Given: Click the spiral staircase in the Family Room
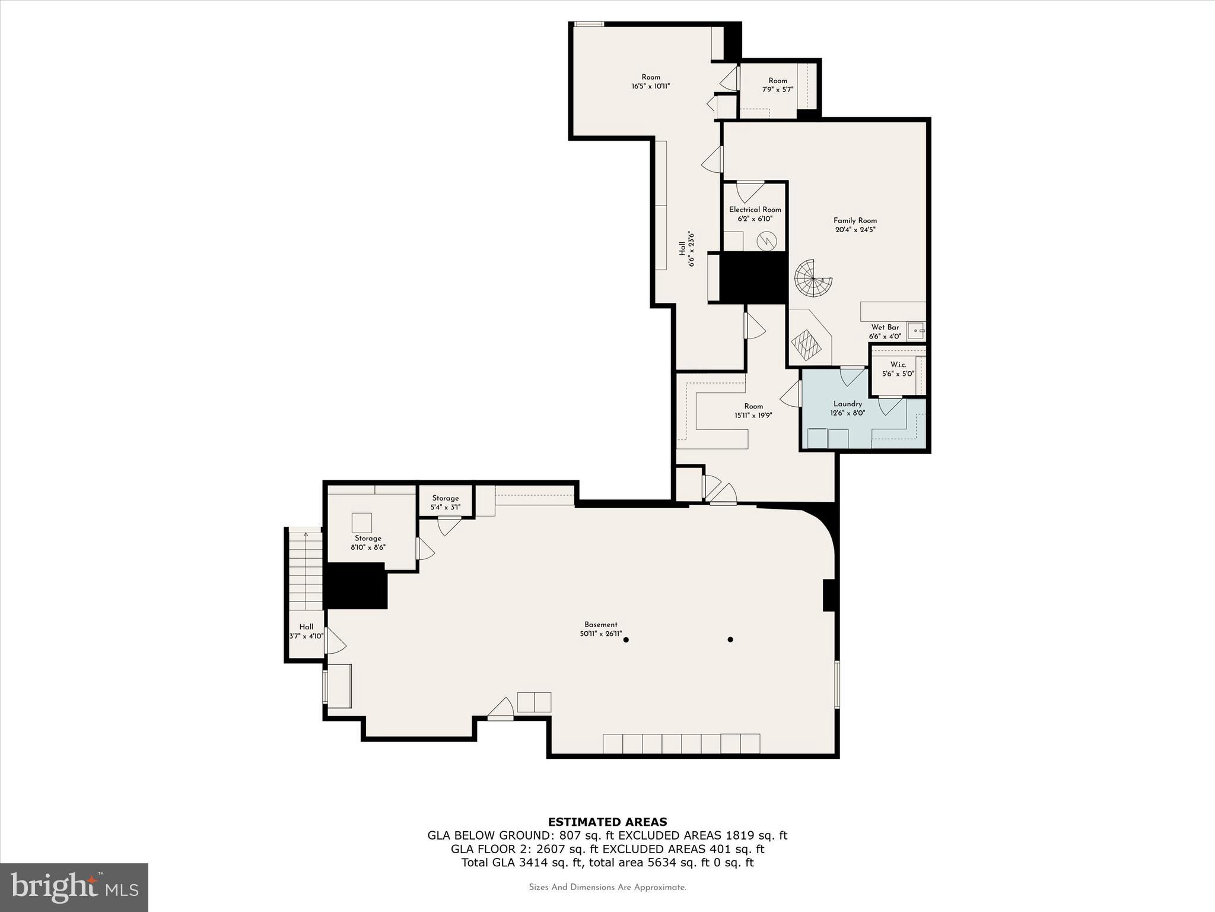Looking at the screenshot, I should click(x=813, y=278).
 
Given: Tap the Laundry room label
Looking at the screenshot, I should click(x=847, y=404).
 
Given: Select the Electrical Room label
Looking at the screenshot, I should click(x=755, y=210).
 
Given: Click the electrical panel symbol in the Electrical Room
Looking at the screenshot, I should click(x=766, y=240).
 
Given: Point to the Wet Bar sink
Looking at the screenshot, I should click(x=916, y=331).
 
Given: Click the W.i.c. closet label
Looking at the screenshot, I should click(x=898, y=365).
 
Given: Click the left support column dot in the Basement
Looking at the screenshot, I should click(x=626, y=639).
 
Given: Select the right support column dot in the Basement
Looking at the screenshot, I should click(x=730, y=639).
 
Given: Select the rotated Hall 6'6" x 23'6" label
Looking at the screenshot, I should click(x=686, y=249).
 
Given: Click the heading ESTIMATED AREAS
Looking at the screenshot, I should click(x=607, y=822).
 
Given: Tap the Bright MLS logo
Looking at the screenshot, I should click(x=74, y=887).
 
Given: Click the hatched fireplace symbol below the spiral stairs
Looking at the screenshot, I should click(x=806, y=345).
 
